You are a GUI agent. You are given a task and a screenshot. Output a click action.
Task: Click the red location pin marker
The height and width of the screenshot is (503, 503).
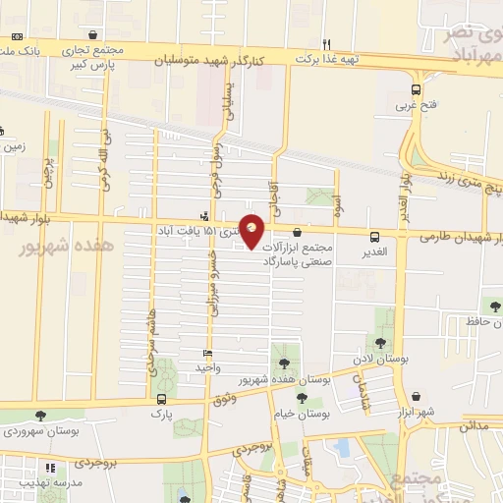(x=252, y=230)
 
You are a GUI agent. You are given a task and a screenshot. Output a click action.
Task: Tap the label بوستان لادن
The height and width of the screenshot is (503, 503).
(x=381, y=361)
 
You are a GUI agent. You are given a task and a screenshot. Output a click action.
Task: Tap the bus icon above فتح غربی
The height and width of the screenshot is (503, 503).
(x=417, y=88)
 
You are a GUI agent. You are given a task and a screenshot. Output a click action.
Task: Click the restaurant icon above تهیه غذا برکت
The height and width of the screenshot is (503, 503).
(x=327, y=43)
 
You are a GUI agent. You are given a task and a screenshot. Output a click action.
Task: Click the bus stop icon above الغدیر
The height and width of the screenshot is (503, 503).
(x=374, y=236)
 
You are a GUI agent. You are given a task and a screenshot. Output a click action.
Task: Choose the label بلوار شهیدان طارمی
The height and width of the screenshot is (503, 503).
(x=457, y=237)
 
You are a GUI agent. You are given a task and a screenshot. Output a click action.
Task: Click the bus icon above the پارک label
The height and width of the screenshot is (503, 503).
(x=161, y=400)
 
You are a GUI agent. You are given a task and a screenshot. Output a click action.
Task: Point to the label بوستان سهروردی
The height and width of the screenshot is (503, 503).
(x=40, y=430)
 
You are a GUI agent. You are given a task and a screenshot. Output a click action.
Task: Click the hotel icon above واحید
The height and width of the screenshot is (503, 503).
(x=206, y=353)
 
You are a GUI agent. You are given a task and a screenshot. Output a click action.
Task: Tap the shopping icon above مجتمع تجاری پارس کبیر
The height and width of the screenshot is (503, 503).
(x=93, y=34)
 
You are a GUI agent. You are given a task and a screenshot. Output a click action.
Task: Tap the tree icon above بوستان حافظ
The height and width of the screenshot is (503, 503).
(x=489, y=306)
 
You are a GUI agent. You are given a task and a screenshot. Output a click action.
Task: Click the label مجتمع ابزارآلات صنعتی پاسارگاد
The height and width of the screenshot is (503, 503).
(x=299, y=255)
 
